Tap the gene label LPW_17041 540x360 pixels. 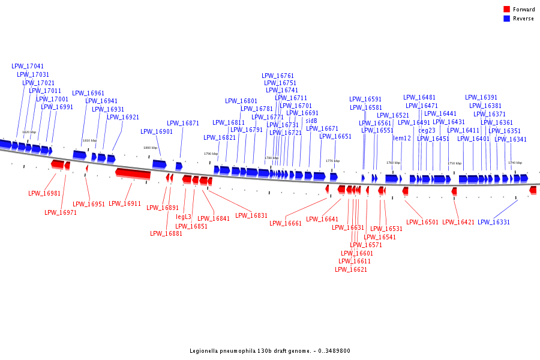(28, 67)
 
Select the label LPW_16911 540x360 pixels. (125, 204)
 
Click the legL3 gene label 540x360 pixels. (184, 217)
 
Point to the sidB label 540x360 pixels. (311, 121)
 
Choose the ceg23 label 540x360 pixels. (427, 131)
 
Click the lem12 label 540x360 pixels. (402, 139)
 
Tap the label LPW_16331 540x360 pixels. (494, 223)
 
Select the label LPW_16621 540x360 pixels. (351, 270)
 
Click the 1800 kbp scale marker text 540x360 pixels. (150, 148)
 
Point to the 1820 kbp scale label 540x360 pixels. (29, 132)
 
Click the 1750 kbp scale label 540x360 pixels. (454, 163)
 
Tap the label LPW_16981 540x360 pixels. (44, 194)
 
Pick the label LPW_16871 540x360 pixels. (183, 124)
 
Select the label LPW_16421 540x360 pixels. (458, 223)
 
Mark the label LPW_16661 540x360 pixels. (286, 224)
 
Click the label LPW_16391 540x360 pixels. (481, 98)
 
